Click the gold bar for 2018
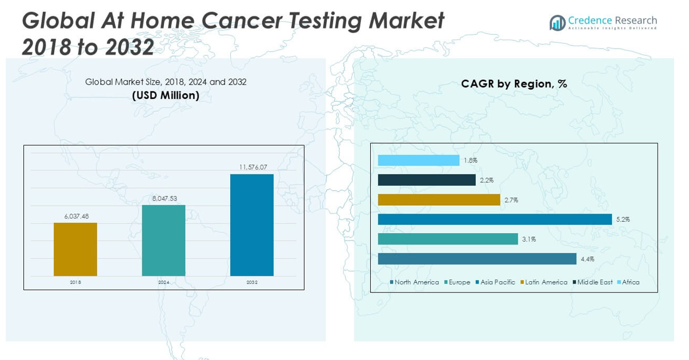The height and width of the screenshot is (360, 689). [x=75, y=249]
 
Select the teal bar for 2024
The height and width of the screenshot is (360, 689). [x=163, y=240]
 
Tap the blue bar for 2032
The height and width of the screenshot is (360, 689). [x=252, y=225]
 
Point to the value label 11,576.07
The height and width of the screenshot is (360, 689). [x=253, y=167]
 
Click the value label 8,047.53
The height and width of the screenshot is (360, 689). [x=165, y=198]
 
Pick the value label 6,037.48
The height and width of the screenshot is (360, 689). [x=77, y=216]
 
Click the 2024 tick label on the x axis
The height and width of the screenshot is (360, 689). [x=164, y=282]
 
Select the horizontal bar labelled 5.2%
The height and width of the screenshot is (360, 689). [x=495, y=219]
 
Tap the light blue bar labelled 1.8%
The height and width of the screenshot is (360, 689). [x=419, y=161]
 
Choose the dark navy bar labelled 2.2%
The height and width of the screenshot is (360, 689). [x=427, y=180]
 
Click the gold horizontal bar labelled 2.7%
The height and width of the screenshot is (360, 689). [x=439, y=200]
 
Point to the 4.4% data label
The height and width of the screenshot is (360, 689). [x=587, y=259]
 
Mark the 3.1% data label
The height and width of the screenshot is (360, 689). [x=528, y=239]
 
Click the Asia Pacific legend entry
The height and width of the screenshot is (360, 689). [x=498, y=282]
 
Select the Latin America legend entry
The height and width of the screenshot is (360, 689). [x=546, y=282]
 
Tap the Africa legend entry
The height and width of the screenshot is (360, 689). [x=631, y=282]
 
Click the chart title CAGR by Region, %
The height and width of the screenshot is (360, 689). [x=514, y=84]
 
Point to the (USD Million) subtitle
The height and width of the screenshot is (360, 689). [x=166, y=95]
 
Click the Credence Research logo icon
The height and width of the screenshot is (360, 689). [x=557, y=23]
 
